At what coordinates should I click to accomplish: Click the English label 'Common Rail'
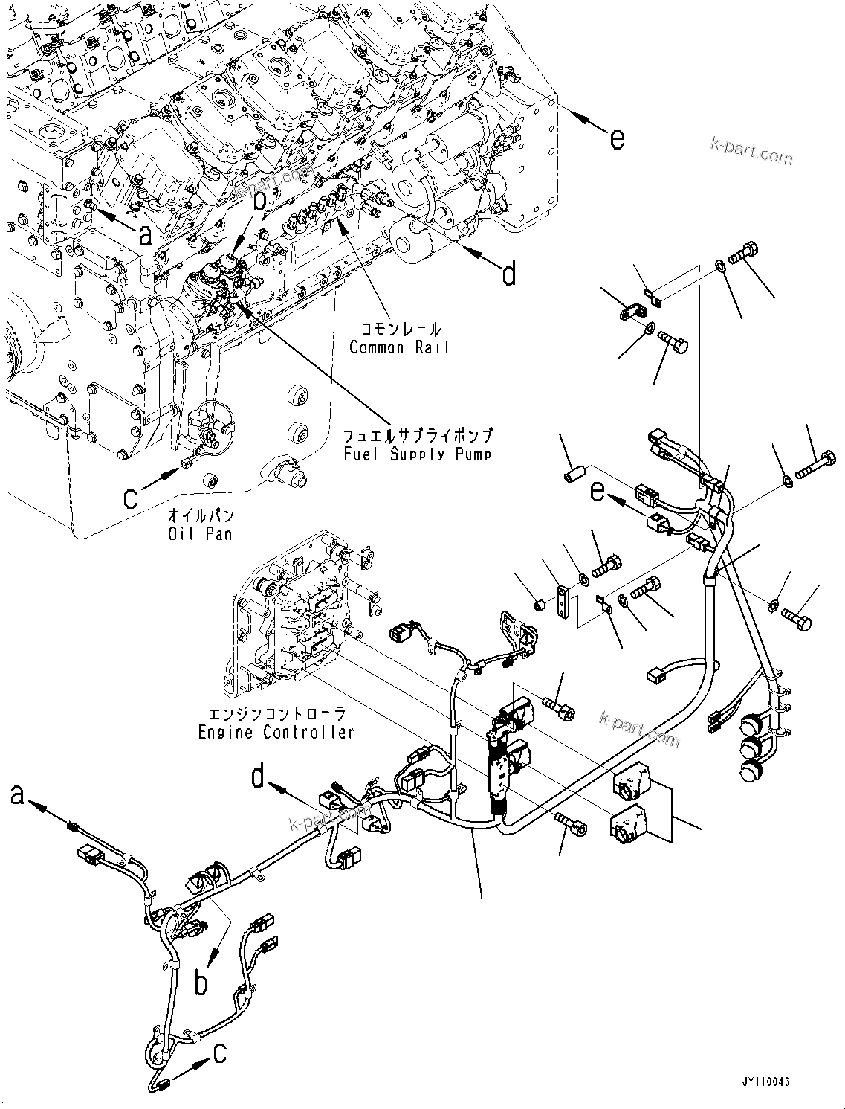pos(399,347)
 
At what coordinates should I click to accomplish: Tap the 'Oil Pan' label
pos(201,533)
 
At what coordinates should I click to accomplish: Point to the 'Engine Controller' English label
pos(276,732)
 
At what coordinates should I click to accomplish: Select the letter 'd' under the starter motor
pos(509,274)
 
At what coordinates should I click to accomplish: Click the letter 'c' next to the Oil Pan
pos(131,496)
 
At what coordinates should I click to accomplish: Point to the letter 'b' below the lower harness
pos(201,983)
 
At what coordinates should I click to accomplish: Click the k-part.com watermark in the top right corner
pos(751,151)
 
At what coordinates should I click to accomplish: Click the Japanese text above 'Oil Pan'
pos(201,515)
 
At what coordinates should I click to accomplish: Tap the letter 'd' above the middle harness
pos(258,777)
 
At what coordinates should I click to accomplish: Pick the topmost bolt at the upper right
pos(746,254)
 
